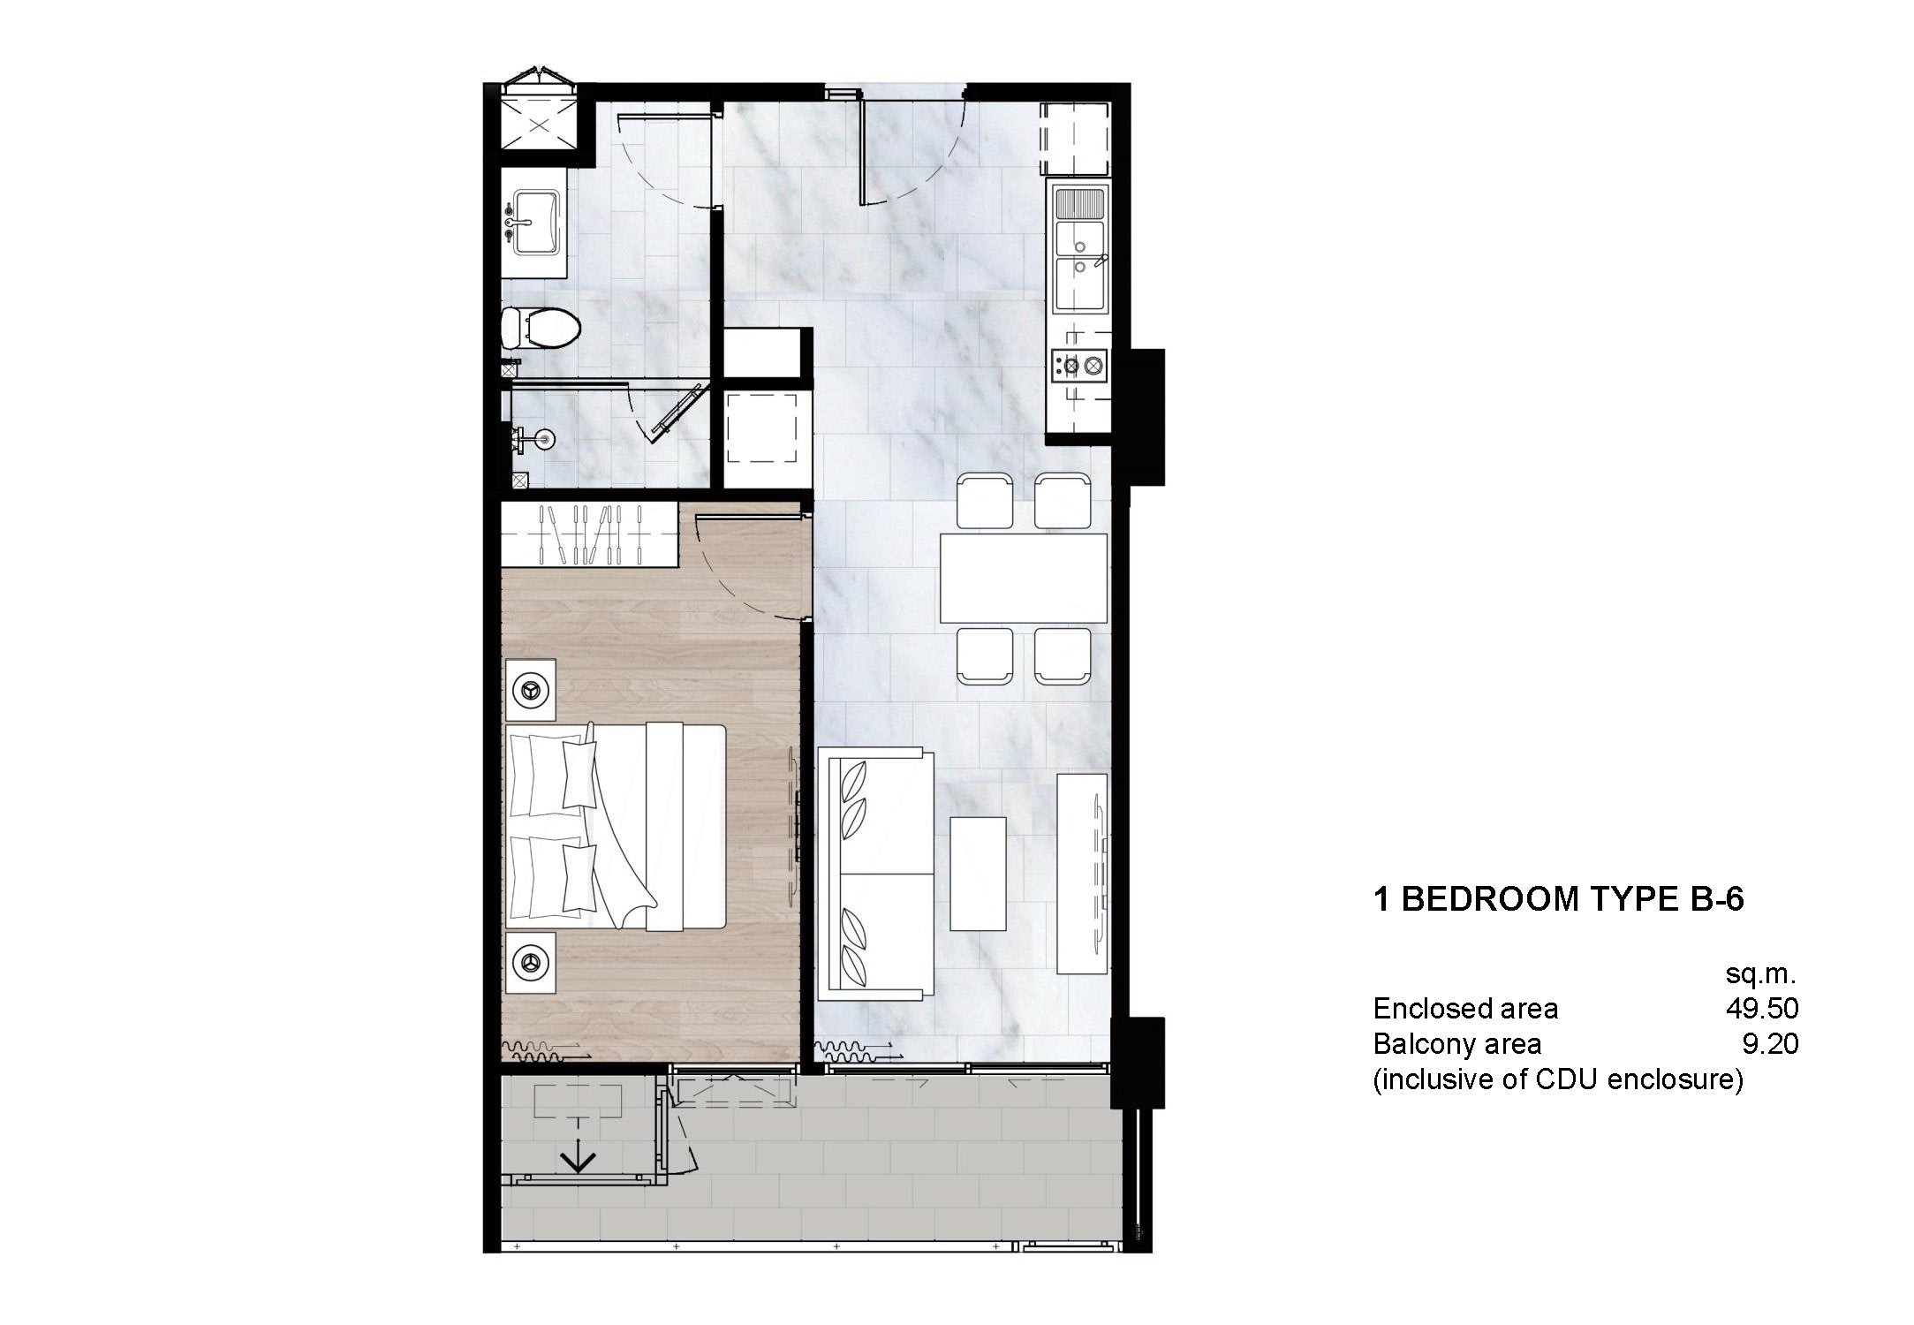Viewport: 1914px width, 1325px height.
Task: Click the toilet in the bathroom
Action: [541, 328]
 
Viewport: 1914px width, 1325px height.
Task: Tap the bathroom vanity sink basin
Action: [535, 222]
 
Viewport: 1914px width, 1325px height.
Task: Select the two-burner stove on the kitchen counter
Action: [1079, 364]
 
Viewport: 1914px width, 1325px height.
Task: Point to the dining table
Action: [1023, 578]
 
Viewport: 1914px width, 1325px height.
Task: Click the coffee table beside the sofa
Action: [978, 873]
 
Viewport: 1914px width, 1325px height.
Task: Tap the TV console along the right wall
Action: [1082, 874]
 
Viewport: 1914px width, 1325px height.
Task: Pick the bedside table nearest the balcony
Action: [531, 962]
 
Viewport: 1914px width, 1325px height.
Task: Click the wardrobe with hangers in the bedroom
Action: [589, 534]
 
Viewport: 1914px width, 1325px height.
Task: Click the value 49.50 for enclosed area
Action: [1762, 1008]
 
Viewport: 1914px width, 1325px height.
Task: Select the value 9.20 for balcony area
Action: [1770, 1043]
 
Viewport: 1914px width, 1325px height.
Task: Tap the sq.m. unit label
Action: [1760, 974]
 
